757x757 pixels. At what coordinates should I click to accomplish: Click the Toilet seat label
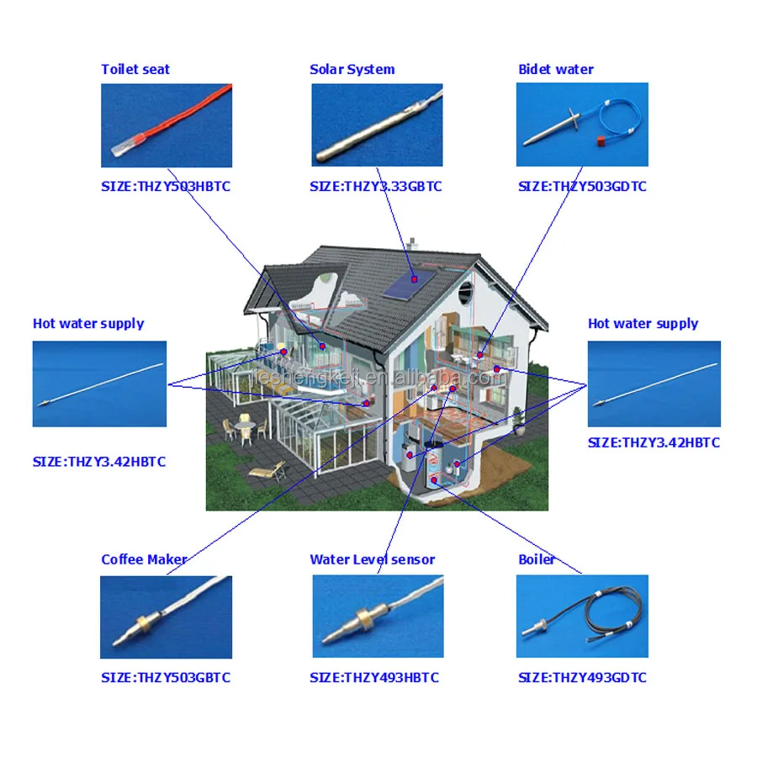pyautogui.click(x=135, y=70)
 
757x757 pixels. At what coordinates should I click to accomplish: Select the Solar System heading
pyautogui.click(x=352, y=70)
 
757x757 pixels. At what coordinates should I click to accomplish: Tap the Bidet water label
pyautogui.click(x=556, y=70)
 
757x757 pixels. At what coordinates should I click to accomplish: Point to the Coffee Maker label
pyautogui.click(x=144, y=559)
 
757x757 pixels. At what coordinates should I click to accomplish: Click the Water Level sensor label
pyautogui.click(x=373, y=559)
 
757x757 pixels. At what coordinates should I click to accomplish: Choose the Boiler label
pyautogui.click(x=537, y=559)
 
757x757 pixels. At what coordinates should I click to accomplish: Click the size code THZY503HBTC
pyautogui.click(x=166, y=187)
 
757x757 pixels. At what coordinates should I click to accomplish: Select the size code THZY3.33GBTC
pyautogui.click(x=376, y=187)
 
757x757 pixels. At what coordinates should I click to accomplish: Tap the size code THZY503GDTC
pyautogui.click(x=583, y=187)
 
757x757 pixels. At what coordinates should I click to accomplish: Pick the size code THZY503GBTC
pyautogui.click(x=166, y=678)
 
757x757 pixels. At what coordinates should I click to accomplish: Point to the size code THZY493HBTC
pyautogui.click(x=374, y=678)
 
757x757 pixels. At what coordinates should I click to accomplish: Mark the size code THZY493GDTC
pyautogui.click(x=583, y=678)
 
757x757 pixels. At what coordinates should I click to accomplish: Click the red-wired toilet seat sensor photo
pyautogui.click(x=166, y=124)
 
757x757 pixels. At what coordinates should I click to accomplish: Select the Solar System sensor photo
pyautogui.click(x=377, y=124)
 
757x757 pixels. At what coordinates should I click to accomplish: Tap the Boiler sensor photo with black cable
pyautogui.click(x=582, y=616)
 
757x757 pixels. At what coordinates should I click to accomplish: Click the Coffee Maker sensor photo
pyautogui.click(x=166, y=617)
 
